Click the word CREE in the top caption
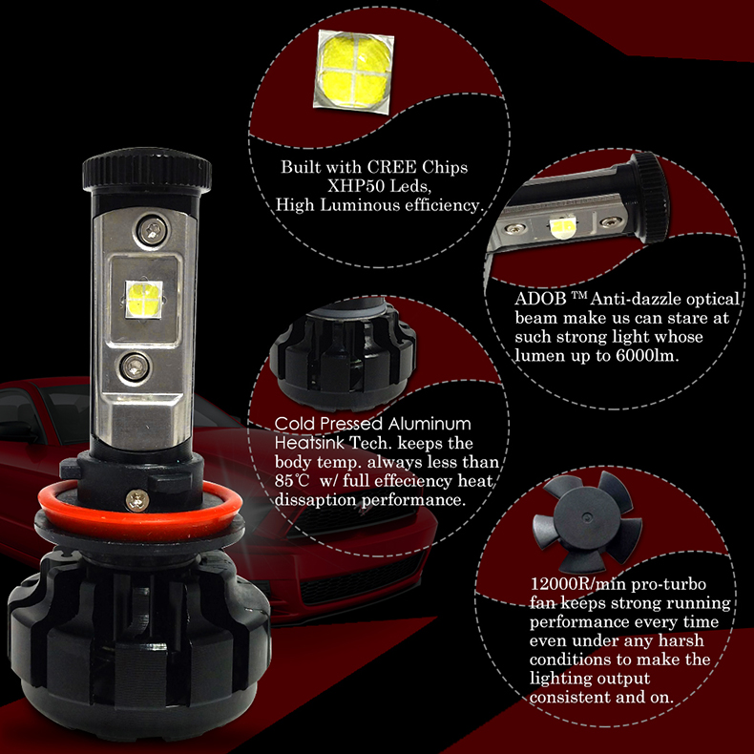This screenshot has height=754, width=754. coord(391,167)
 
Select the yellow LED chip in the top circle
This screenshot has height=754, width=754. coord(354,72)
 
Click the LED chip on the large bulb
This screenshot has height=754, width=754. coord(144,300)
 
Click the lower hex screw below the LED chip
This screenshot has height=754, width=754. coord(135,367)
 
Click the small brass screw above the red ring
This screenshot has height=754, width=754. coord(137,500)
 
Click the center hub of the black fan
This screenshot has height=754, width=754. coord(585,518)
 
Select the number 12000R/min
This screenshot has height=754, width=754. coord(578,584)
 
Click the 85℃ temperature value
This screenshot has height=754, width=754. coord(291,481)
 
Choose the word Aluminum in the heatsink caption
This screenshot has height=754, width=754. coord(429,424)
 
